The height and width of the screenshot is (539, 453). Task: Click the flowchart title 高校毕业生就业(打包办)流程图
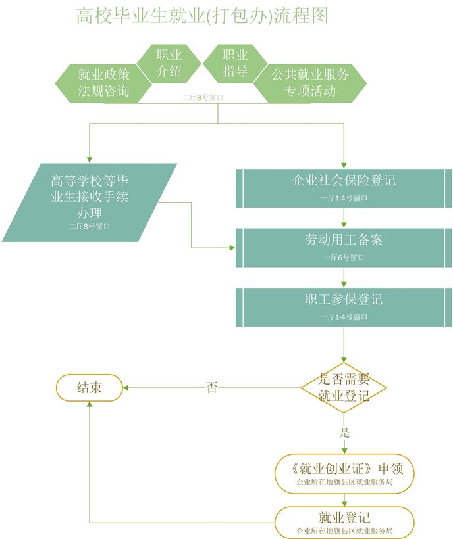click(202, 16)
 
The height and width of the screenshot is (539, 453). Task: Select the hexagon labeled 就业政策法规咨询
click(103, 83)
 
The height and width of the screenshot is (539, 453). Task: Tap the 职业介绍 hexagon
click(169, 63)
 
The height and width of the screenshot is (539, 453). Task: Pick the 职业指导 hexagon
click(235, 63)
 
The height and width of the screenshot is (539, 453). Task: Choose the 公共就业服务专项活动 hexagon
click(310, 83)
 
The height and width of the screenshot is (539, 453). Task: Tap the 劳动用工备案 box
click(344, 247)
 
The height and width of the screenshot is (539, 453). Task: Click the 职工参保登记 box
click(344, 306)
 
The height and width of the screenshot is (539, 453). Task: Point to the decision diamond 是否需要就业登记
click(344, 388)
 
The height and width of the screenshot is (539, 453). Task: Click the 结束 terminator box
click(90, 387)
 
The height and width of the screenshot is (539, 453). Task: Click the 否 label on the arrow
click(212, 387)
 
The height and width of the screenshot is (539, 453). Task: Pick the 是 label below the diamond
click(344, 433)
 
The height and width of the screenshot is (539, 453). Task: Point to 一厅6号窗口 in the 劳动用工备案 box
click(344, 258)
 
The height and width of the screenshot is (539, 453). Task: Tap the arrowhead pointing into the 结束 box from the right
click(128, 387)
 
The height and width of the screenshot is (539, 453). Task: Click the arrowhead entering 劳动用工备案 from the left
click(232, 248)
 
